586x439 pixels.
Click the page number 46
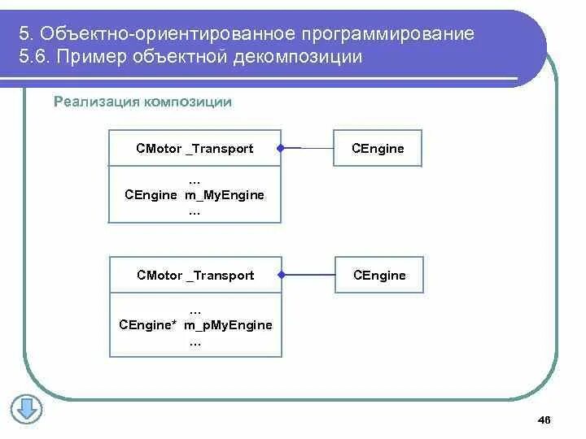click(544, 419)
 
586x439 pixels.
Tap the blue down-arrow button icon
click(26, 408)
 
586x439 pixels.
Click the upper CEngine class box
click(378, 148)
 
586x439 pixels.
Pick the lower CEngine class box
click(379, 275)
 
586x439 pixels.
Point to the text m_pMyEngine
click(228, 325)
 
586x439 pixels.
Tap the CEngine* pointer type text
click(148, 325)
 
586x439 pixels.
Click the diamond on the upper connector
click(279, 148)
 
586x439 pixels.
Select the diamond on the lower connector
click(282, 275)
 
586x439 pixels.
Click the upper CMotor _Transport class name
click(195, 148)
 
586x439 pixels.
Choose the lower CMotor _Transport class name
click(195, 275)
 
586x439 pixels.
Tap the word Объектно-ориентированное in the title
click(164, 35)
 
